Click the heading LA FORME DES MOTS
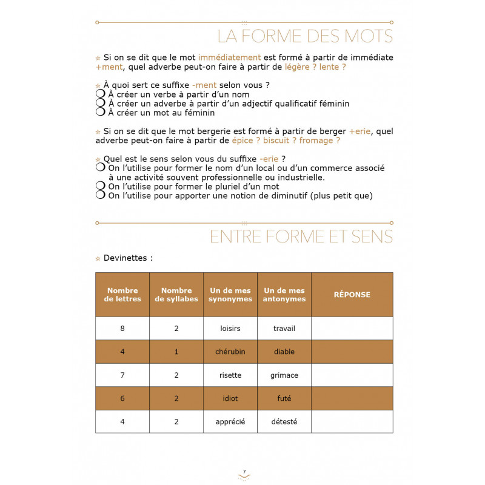click(305, 36)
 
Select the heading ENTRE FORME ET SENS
click(301, 236)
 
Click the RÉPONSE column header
click(352, 295)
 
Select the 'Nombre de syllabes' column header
click(176, 295)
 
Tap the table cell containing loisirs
click(230, 329)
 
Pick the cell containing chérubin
click(230, 352)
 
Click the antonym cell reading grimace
click(284, 375)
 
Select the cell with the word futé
click(284, 398)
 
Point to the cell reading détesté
click(284, 421)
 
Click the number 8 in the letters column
click(122, 329)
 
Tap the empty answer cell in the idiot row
click(352, 398)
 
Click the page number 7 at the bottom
click(244, 472)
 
